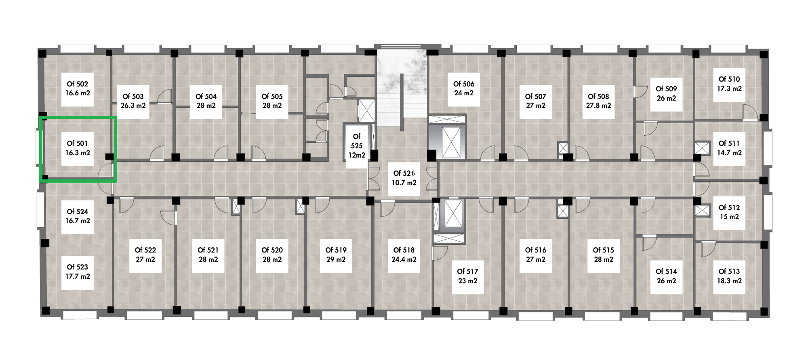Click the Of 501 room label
tap(77, 143)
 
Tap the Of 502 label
tap(77, 84)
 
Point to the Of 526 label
tap(404, 173)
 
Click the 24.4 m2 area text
tap(404, 259)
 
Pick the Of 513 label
tap(729, 272)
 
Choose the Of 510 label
tap(729, 79)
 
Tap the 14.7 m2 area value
tap(729, 153)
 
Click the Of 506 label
tap(464, 84)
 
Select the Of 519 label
tap(336, 250)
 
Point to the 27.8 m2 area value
tap(598, 105)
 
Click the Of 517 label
tap(467, 272)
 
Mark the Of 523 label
tap(77, 267)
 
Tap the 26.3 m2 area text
tap(133, 105)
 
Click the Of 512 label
tap(729, 208)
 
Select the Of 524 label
tap(77, 212)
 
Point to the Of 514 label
tap(666, 272)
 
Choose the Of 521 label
tap(208, 250)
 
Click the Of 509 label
tap(666, 89)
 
